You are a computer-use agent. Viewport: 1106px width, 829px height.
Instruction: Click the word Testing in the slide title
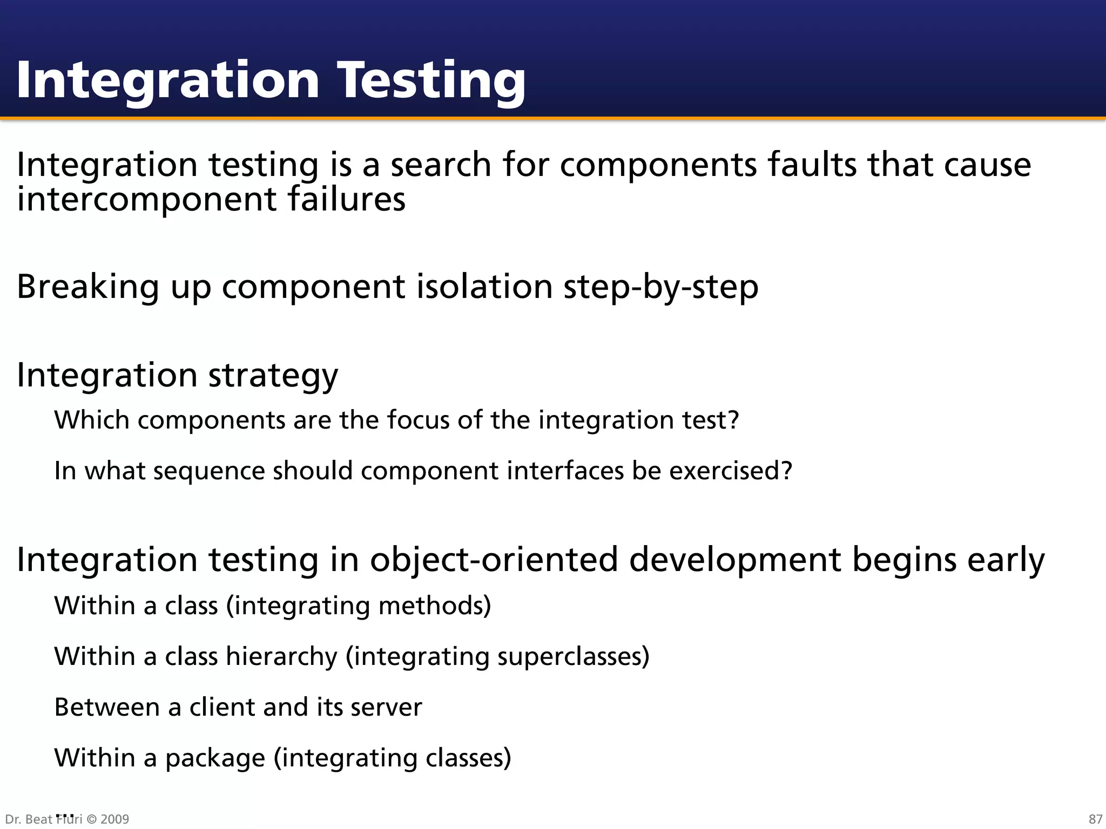431,81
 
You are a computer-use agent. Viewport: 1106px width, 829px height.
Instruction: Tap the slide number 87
1095,819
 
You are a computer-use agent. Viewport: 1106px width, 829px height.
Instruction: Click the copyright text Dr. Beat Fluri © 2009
67,819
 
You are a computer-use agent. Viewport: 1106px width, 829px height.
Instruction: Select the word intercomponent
146,200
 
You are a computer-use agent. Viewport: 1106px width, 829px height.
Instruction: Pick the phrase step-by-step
661,287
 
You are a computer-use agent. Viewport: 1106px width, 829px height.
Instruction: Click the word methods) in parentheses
435,606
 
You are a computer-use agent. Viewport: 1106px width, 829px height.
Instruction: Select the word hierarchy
281,657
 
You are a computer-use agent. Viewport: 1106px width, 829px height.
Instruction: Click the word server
386,707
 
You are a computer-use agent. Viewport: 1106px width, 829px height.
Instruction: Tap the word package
215,758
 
